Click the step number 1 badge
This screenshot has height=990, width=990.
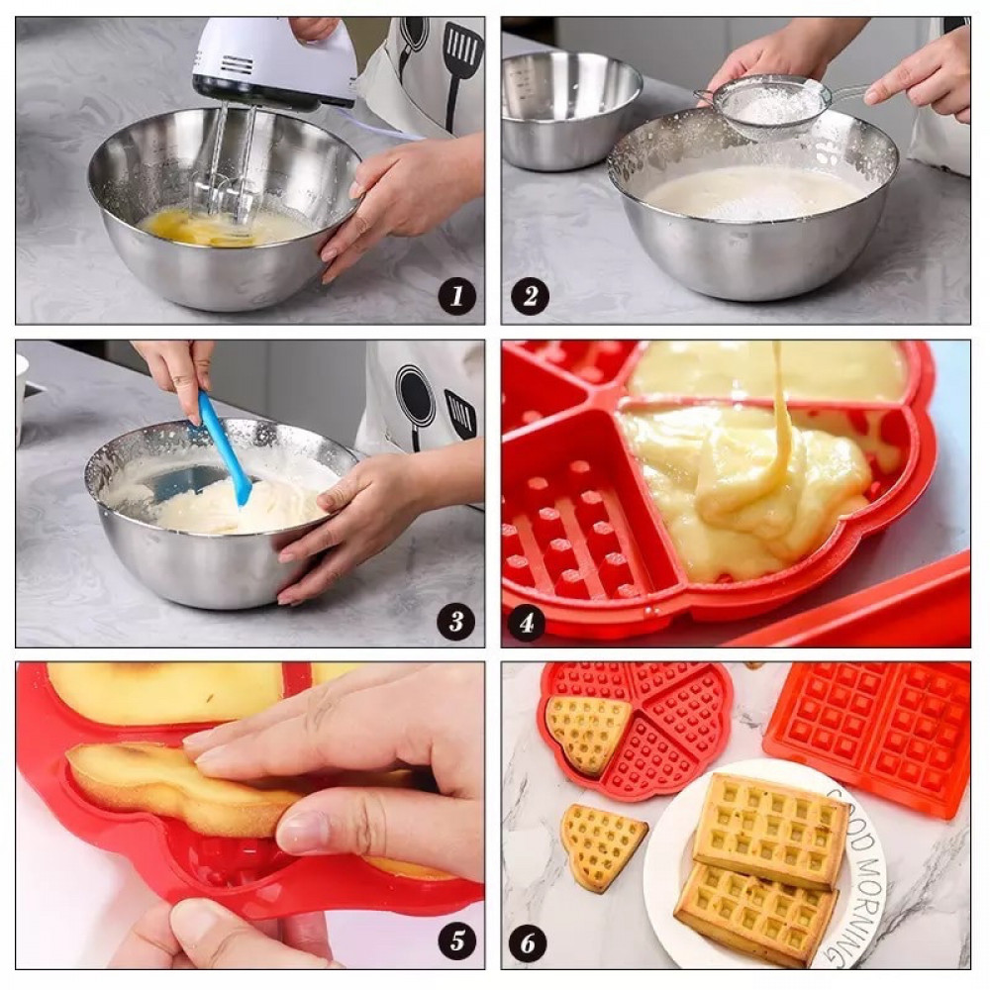tap(457, 295)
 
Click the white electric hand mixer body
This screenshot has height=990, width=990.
tap(273, 63)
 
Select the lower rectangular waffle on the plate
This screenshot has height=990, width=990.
tap(755, 913)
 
